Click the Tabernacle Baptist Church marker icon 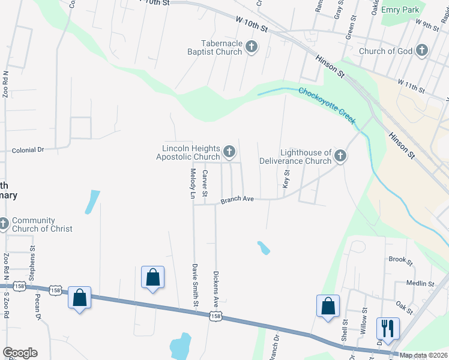pos(252,47)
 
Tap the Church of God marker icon pos(423,50)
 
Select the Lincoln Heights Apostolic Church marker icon pos(229,151)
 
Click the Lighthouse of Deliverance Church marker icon pos(340,157)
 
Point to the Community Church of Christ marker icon pos(4,224)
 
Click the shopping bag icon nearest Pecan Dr pos(79,298)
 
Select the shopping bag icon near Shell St pos(328,305)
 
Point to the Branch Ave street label pos(238,200)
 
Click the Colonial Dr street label pos(28,150)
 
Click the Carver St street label pos(205,184)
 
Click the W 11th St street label pos(411,86)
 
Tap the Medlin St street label pos(420,283)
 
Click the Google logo pos(20,353)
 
